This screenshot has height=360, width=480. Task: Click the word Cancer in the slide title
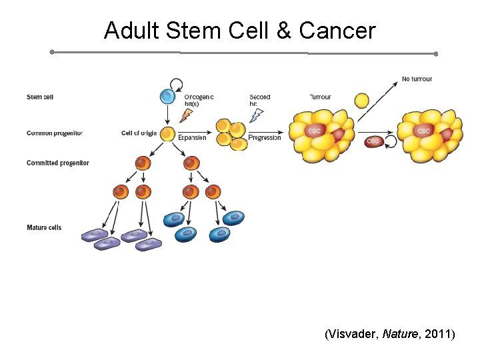click(x=337, y=31)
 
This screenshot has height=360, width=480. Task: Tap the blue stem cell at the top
click(x=167, y=97)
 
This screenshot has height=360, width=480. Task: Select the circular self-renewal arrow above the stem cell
click(x=177, y=84)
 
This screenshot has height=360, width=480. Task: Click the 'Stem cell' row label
click(x=40, y=97)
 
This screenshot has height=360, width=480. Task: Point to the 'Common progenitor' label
click(x=55, y=133)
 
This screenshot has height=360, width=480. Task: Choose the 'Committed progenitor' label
click(x=57, y=163)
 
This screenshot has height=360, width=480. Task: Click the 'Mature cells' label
click(x=44, y=228)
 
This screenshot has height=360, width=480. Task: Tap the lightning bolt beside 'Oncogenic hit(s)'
click(x=185, y=115)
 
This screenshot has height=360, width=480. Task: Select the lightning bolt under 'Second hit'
click(x=256, y=115)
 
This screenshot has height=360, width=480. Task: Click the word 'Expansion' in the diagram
click(x=192, y=138)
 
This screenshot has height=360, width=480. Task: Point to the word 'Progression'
click(x=264, y=138)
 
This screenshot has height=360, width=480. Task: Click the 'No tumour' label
click(x=417, y=79)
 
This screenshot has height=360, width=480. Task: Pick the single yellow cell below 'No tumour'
click(x=361, y=101)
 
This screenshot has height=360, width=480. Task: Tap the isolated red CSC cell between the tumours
click(x=373, y=141)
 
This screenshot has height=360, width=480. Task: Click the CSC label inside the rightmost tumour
click(x=423, y=131)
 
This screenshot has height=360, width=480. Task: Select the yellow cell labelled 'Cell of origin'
click(x=167, y=133)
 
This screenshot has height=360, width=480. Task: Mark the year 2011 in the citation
click(x=438, y=333)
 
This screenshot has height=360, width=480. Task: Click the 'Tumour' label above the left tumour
click(x=320, y=97)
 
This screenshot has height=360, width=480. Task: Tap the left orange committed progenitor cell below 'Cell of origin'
click(x=142, y=163)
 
